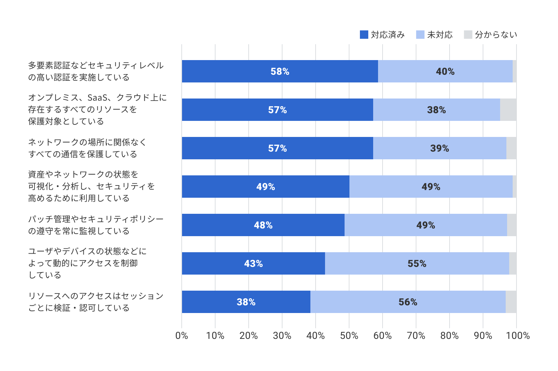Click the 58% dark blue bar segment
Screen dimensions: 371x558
(x=280, y=71)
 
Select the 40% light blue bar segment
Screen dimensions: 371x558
(x=445, y=71)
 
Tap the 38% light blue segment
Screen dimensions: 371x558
(x=436, y=110)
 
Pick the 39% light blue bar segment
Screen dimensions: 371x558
(x=439, y=148)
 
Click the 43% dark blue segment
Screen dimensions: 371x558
(x=253, y=263)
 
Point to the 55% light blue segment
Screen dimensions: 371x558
(x=417, y=263)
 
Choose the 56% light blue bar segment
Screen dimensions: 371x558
(x=408, y=302)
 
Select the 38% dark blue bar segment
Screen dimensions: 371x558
(x=246, y=302)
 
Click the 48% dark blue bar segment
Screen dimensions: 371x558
(x=263, y=225)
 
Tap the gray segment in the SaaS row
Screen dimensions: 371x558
(x=508, y=110)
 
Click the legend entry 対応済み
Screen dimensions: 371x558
(x=382, y=35)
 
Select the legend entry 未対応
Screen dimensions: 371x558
(x=435, y=35)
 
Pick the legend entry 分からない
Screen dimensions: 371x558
(x=491, y=35)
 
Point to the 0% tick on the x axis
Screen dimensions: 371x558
(x=182, y=336)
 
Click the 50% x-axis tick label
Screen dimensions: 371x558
(x=349, y=336)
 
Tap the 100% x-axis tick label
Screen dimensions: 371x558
(x=518, y=336)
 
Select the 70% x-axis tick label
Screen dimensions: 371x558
(x=416, y=336)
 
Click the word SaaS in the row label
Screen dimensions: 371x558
(x=97, y=97)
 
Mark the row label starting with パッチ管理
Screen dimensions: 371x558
(x=96, y=225)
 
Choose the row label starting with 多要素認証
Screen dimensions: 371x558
(x=96, y=71)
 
